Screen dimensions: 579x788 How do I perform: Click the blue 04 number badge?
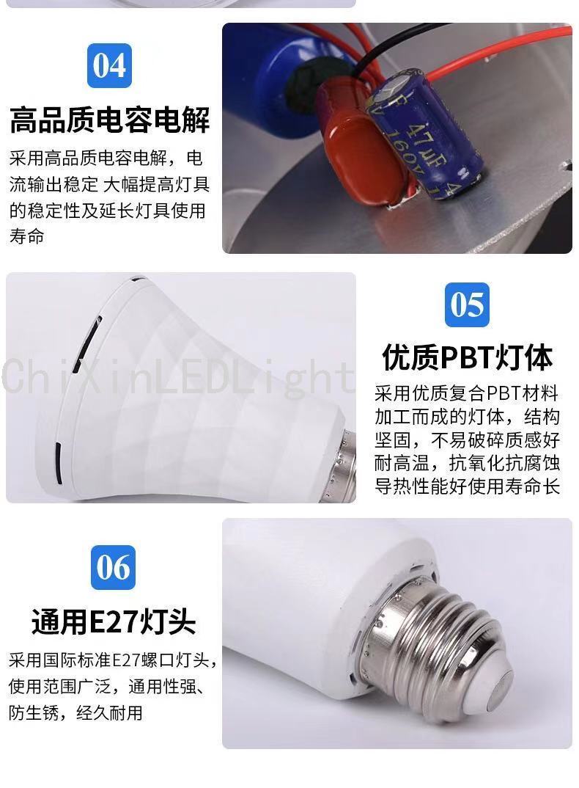tap(109, 65)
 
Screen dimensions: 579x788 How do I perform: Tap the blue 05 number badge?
tap(467, 304)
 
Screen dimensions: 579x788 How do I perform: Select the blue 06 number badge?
tap(113, 567)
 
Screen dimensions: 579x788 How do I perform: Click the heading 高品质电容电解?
tap(109, 120)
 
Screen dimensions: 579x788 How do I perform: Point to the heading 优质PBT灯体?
tap(467, 357)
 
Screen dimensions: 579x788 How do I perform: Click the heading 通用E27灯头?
tap(114, 621)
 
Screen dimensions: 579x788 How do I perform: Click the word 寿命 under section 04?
tap(26, 236)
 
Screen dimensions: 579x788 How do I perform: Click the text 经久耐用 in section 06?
tap(109, 712)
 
